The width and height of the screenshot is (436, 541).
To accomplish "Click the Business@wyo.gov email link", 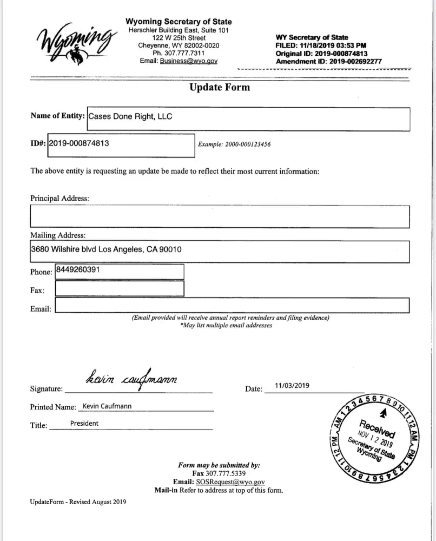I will [189, 61].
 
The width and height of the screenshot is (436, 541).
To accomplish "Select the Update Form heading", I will [220, 87].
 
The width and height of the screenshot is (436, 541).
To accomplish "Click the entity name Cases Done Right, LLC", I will [130, 116].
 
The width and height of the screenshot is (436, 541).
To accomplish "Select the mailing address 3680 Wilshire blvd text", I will [106, 249].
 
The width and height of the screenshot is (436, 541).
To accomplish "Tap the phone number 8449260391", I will [78, 269].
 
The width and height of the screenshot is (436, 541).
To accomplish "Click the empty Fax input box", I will [119, 289].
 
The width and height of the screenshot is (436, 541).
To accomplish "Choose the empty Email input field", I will [232, 306].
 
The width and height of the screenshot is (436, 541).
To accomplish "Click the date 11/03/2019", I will [292, 386].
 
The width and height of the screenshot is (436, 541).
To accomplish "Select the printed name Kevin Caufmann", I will [107, 406].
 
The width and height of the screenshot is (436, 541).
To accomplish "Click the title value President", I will [84, 424].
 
